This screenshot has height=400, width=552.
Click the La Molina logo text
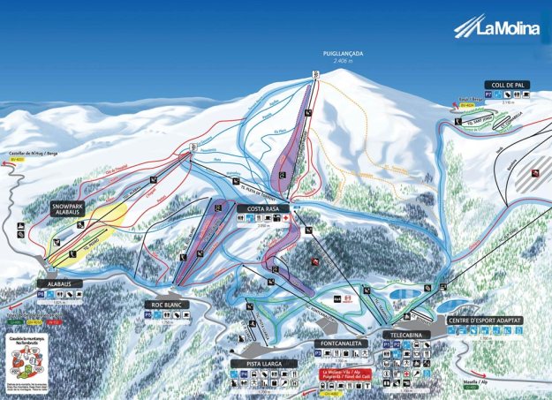pyautogui.click(x=508, y=28)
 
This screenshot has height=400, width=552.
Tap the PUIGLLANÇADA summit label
pyautogui.click(x=344, y=52)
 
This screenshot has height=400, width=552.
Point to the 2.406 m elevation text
pyautogui.click(x=344, y=61)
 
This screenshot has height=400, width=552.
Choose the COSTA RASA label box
pyautogui.click(x=259, y=208)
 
